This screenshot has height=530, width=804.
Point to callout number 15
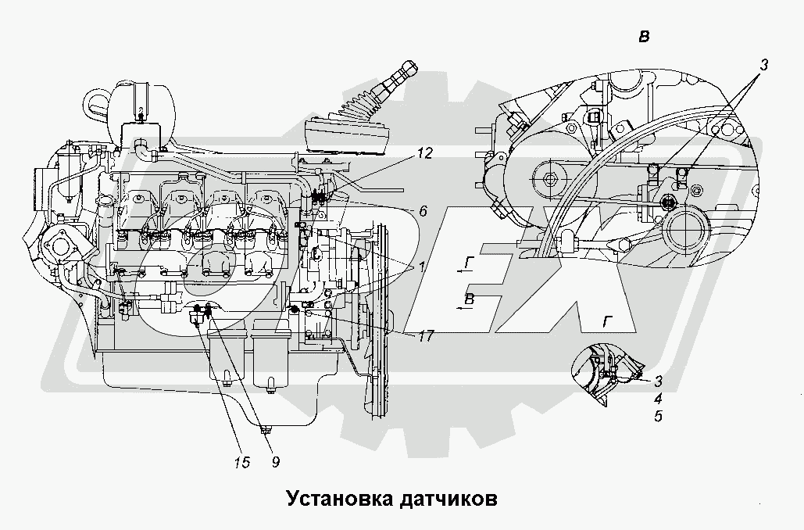241,462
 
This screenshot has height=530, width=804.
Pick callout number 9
276,462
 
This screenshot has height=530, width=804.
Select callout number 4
659,399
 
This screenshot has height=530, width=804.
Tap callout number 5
659,417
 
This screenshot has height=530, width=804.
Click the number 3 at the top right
763,66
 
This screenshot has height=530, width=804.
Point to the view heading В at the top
645,37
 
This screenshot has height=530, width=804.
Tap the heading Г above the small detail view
605,323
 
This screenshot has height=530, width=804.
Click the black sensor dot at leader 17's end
295,310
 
